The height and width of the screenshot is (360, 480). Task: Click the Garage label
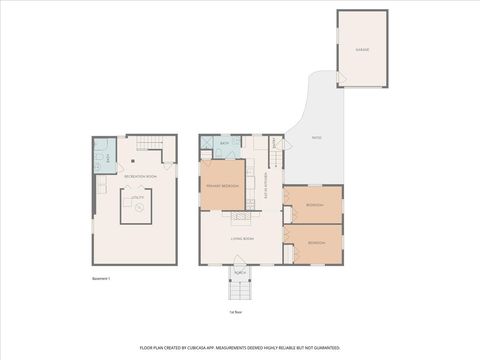tap(361, 48)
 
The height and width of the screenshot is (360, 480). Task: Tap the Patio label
tap(316, 139)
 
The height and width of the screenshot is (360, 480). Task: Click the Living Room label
tap(241, 239)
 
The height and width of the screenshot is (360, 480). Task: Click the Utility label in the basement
tap(137, 198)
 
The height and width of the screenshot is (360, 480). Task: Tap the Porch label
tap(240, 272)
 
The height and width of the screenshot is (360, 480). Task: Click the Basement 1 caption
tap(100, 278)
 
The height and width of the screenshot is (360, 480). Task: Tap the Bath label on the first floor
tap(224, 144)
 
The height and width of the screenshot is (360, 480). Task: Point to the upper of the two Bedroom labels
tap(312, 206)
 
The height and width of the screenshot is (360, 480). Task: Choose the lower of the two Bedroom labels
tap(316, 243)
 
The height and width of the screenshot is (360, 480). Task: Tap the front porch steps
tap(240, 291)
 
